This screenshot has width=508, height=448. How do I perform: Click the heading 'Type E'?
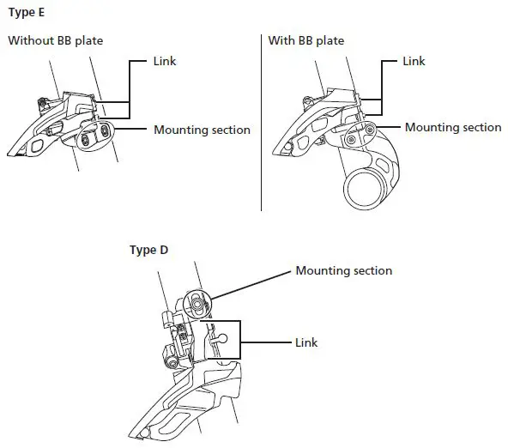(x=27, y=15)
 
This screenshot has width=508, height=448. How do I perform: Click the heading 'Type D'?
(x=148, y=251)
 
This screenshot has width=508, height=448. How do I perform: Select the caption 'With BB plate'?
(x=306, y=40)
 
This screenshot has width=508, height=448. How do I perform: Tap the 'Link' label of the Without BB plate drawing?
(x=164, y=63)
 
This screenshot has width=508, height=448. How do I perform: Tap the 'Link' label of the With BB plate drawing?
(x=414, y=63)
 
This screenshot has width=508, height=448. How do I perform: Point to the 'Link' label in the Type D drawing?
(x=306, y=342)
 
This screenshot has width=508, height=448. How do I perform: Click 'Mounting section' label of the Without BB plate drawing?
(x=202, y=130)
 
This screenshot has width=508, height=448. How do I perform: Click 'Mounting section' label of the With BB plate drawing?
(x=453, y=127)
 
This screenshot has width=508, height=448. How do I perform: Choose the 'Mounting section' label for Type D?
(x=343, y=270)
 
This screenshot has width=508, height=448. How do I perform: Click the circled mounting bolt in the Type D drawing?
(x=197, y=302)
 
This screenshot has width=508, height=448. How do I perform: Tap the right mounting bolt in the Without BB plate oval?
(x=103, y=129)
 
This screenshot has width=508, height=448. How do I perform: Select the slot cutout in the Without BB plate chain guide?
(x=37, y=148)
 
